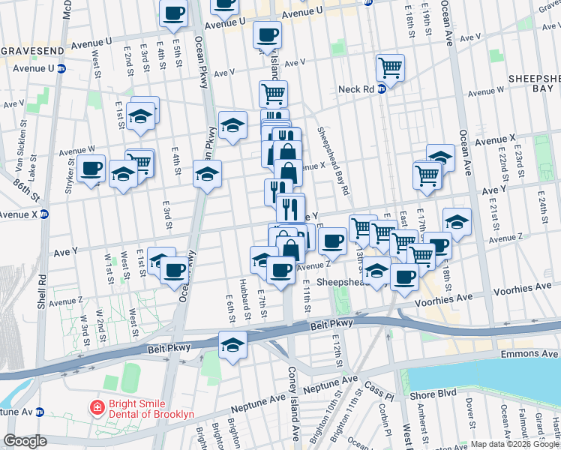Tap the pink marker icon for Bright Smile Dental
pyautogui.click(x=97, y=409)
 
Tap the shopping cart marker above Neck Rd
pyautogui.click(x=390, y=69)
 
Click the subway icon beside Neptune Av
pyautogui.click(x=42, y=412)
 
